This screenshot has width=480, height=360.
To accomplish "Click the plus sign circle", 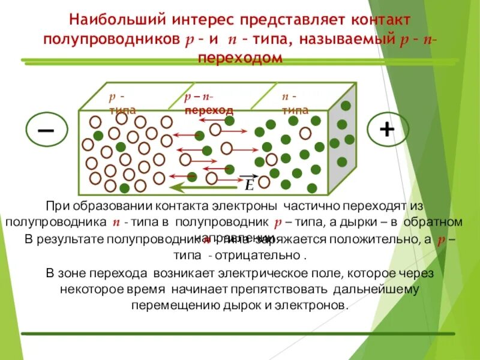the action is (x=388, y=130).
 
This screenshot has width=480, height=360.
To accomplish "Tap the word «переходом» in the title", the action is (x=239, y=58).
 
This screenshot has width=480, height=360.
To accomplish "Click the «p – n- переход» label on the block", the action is (x=208, y=103).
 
